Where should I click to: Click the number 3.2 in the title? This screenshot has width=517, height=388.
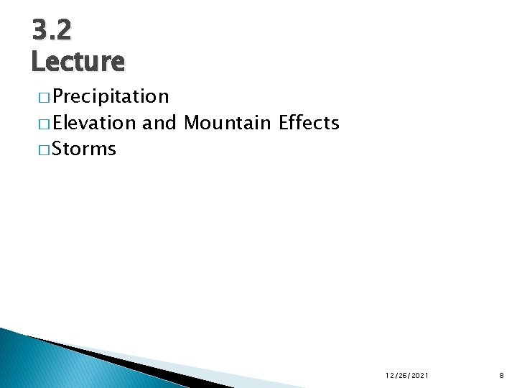point(52,30)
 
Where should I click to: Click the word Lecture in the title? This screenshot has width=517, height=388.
point(78,62)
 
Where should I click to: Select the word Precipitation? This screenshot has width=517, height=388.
point(111,96)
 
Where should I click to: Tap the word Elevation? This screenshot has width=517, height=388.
point(94,123)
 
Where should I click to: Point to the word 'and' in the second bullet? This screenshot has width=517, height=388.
point(159,123)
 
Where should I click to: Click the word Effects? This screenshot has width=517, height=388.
point(309,123)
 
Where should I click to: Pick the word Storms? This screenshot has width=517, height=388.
point(84,149)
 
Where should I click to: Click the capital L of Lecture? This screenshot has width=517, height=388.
point(38,62)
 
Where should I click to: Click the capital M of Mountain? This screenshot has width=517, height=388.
point(192,123)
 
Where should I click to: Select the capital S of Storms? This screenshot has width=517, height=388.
point(57,149)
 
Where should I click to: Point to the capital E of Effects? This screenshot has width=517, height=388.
point(283,123)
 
